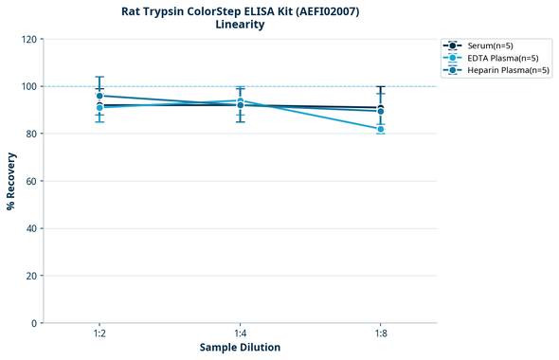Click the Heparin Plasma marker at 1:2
pyautogui.click(x=99, y=96)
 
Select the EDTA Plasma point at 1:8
pyautogui.click(x=381, y=129)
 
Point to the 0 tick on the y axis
pyautogui.click(x=33, y=323)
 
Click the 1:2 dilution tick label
pyautogui.click(x=99, y=334)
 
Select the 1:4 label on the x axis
pyautogui.click(x=240, y=334)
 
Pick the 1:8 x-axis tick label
pyautogui.click(x=381, y=334)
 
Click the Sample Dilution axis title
pyautogui.click(x=240, y=348)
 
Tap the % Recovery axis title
pyautogui.click(x=11, y=181)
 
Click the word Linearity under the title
pyautogui.click(x=240, y=25)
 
